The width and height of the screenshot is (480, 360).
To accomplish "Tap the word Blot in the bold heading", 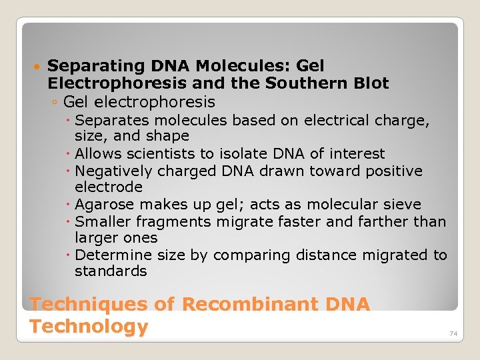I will point(372,84).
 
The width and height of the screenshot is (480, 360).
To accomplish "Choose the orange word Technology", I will point(89,327).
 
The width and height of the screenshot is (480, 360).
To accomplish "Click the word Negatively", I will point(111,171).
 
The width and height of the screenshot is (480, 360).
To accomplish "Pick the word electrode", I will point(108,187).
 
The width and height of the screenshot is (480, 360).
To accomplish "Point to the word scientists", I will point(157,154).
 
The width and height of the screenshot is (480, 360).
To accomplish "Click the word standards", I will point(111,271).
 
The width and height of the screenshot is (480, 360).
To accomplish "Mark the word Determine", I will point(109,255).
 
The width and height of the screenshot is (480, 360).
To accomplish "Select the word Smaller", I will point(102,221).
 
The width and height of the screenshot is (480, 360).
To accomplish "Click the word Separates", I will point(107,121).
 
